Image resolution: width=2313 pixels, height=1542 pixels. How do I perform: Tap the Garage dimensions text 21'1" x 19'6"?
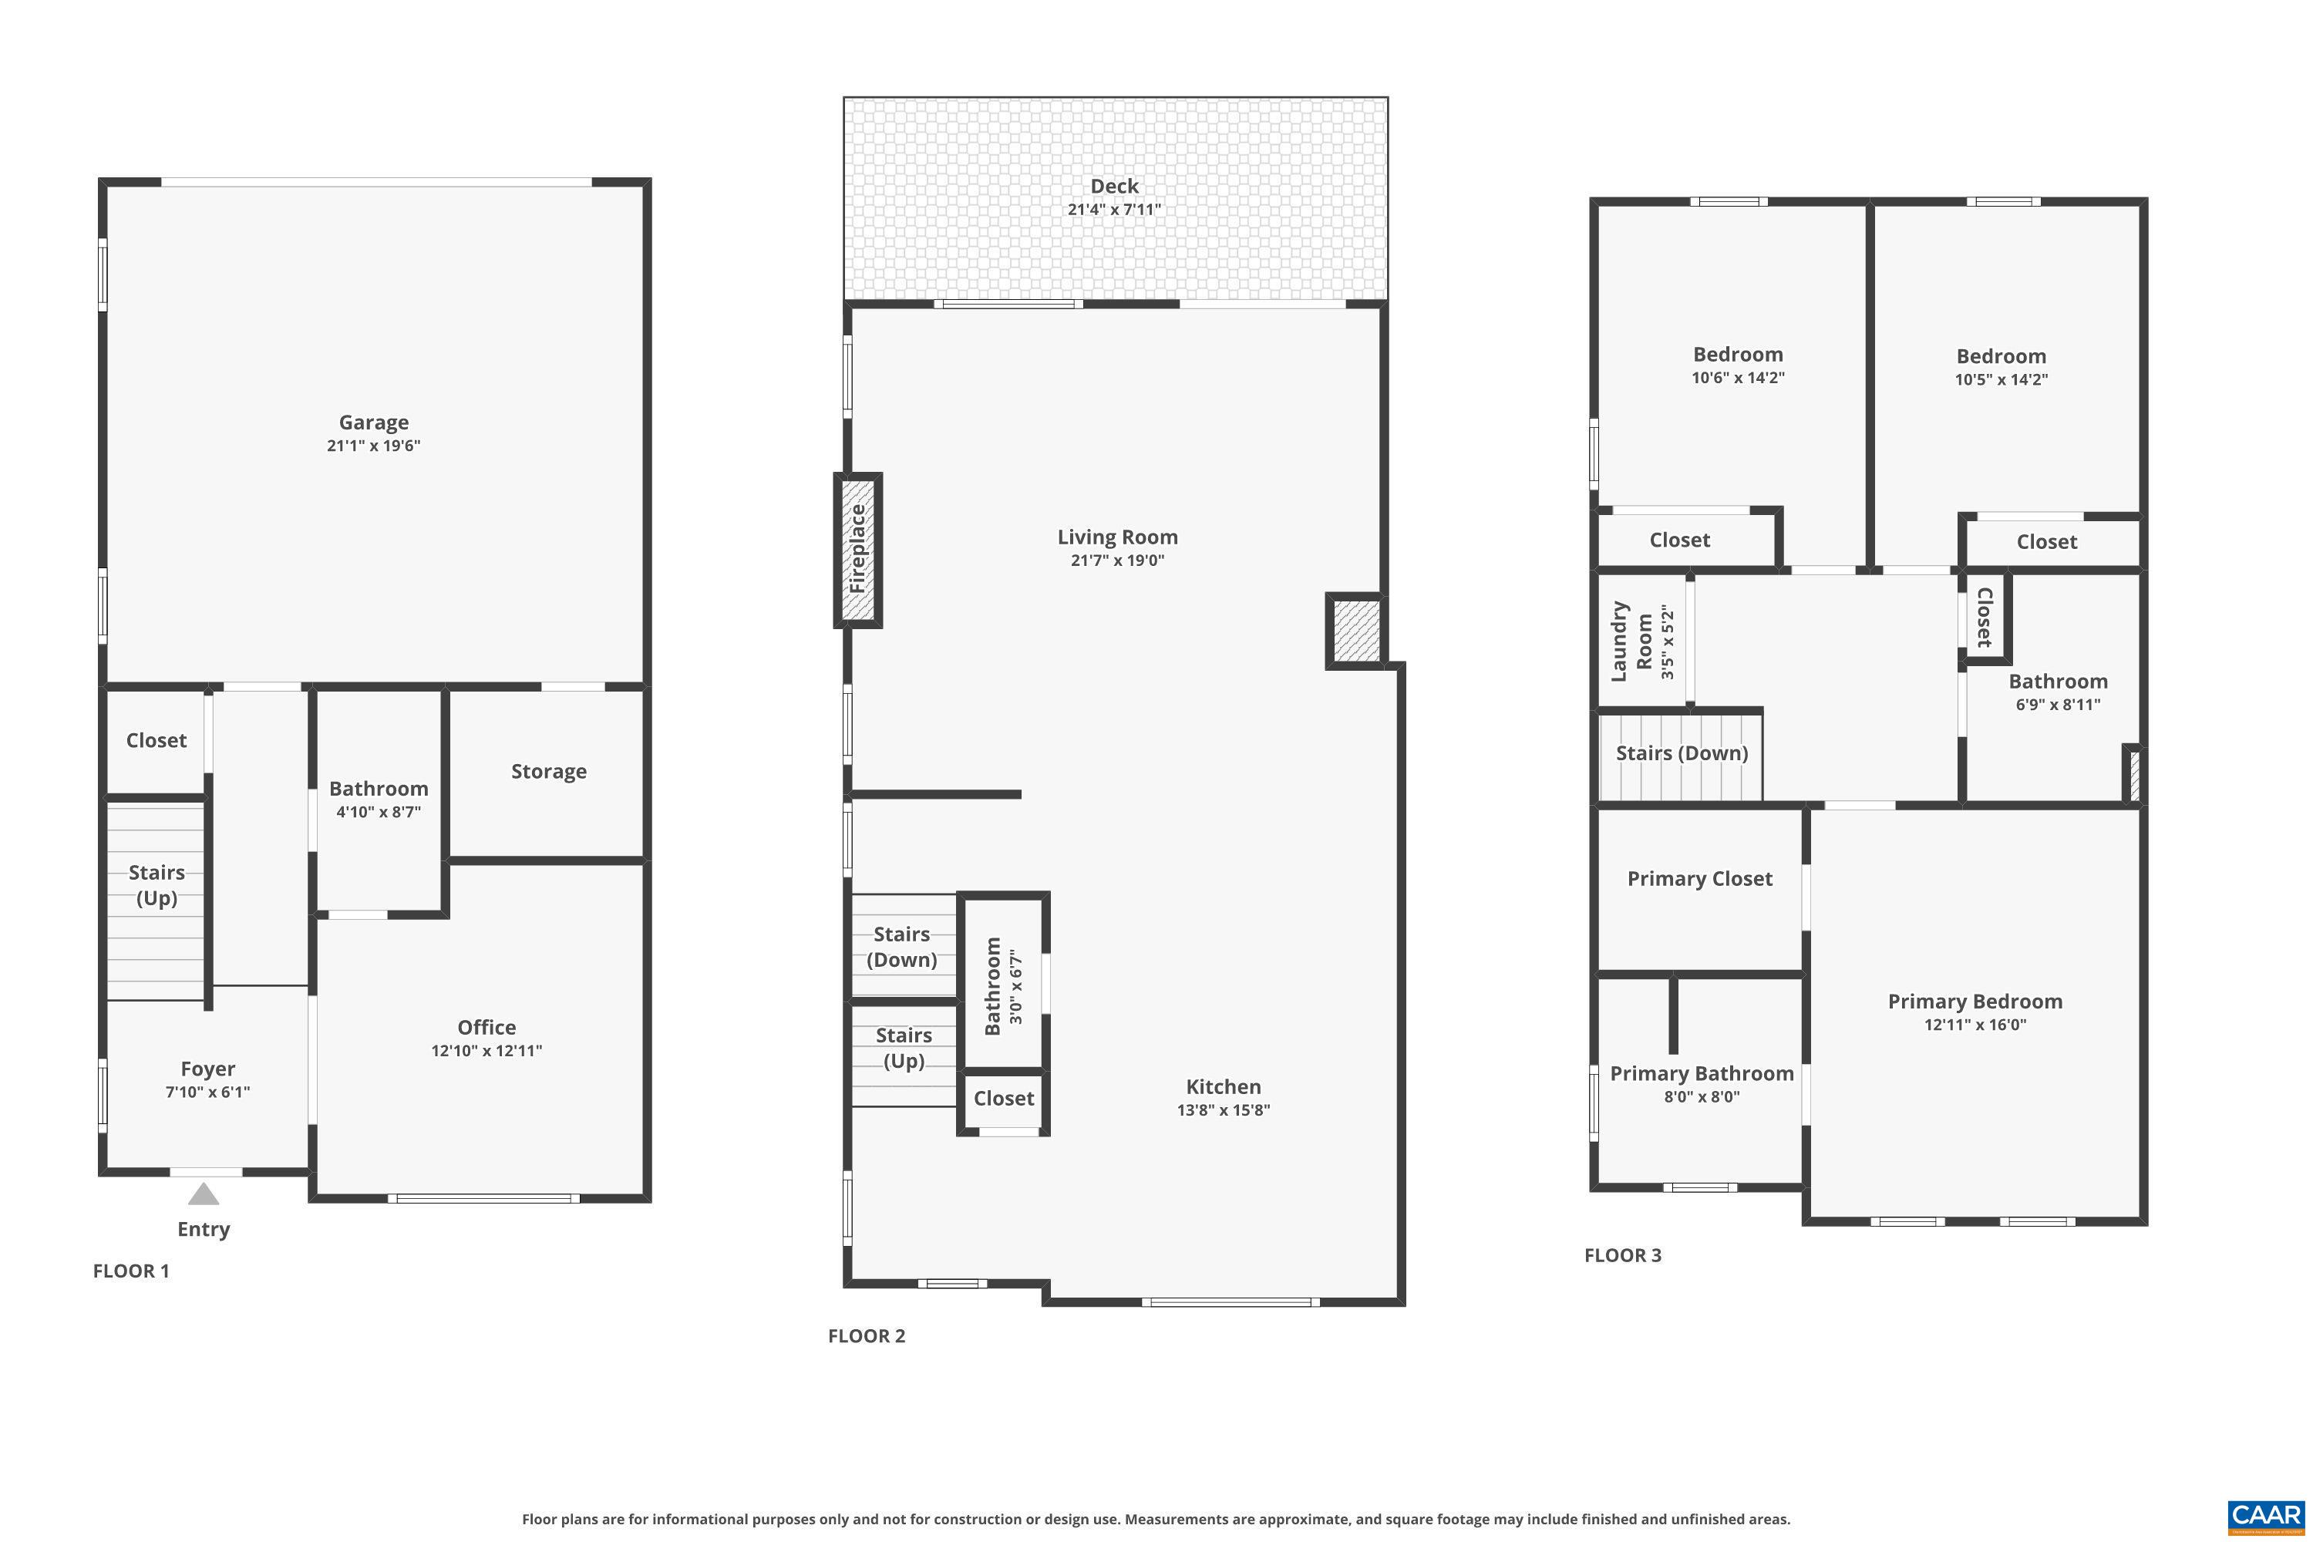point(374,446)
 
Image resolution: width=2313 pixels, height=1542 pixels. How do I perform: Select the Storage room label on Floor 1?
point(549,771)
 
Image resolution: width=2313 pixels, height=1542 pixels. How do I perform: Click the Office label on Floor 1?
point(487,1027)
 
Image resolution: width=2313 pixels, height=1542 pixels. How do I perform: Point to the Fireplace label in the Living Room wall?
point(857,549)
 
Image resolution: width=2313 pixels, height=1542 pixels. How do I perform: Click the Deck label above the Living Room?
point(1114,186)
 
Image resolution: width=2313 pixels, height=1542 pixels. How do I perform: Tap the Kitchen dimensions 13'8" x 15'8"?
point(1224,1110)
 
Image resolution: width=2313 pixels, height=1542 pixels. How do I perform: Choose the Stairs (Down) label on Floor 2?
point(902,947)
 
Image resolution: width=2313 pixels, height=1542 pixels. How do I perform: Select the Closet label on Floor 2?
point(1003,1099)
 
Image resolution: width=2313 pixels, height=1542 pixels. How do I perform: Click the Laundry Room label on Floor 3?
point(1631,642)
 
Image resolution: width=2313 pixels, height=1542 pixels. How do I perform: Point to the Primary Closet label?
point(1699,878)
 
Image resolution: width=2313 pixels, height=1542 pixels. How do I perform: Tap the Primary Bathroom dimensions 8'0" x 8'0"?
point(1702,1096)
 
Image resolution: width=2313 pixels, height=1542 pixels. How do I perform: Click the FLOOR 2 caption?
point(867,1335)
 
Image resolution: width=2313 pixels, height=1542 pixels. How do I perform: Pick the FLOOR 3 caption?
point(1623,1255)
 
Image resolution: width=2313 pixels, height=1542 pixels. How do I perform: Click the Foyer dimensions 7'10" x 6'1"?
point(207,1092)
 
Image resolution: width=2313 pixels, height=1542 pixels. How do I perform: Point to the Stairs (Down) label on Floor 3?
point(1682,753)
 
